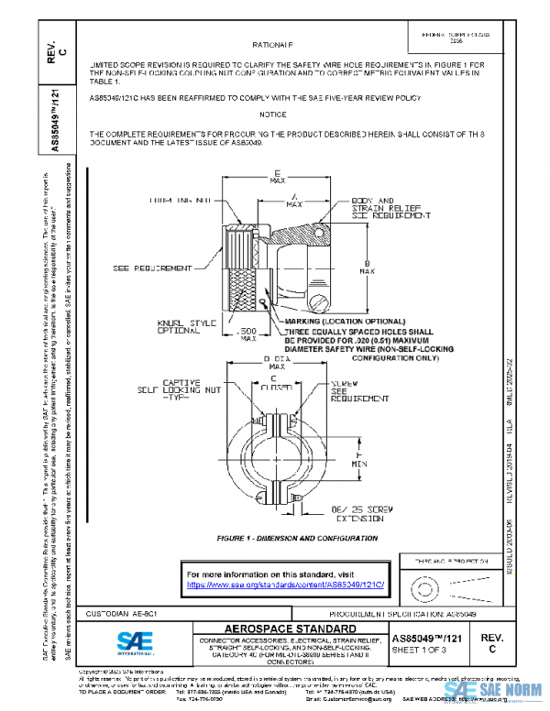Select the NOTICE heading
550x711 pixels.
tap(272, 115)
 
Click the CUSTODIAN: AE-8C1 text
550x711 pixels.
tap(119, 612)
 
